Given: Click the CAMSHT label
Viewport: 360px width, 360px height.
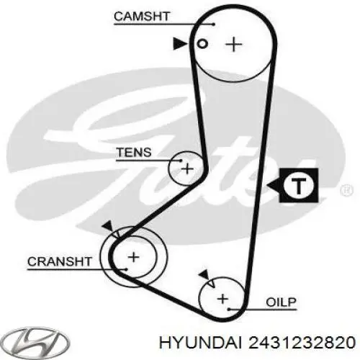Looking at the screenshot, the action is [x=142, y=17].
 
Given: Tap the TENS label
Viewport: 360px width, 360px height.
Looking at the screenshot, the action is [x=134, y=152].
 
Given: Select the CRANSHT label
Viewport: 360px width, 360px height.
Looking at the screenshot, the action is [x=60, y=261].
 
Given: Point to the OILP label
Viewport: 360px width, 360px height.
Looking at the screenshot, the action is [x=281, y=302].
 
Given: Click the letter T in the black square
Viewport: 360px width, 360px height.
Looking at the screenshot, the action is [x=299, y=186].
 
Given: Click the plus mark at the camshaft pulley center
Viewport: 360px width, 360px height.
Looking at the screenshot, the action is [x=234, y=44].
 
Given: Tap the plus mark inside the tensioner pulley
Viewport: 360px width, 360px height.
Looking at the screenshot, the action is [x=187, y=169].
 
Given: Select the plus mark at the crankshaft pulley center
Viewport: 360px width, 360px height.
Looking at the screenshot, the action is [x=134, y=257].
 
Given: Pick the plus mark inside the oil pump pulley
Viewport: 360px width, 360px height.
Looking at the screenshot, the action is [x=222, y=299].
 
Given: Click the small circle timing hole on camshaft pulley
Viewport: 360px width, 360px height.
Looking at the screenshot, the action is [x=202, y=44].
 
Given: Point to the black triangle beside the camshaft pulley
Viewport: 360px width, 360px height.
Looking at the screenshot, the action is [x=180, y=44].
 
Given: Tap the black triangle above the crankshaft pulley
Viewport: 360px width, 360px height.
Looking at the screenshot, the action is [x=107, y=225].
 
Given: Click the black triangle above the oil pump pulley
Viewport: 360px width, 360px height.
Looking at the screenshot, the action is [x=204, y=274].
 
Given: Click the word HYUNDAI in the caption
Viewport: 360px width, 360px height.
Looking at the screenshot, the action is [x=200, y=342].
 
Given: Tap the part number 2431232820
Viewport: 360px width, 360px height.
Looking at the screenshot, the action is [x=302, y=342].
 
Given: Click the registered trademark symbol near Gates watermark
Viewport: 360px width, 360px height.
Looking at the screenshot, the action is [x=347, y=191].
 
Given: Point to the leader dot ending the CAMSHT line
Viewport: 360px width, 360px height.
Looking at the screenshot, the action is [x=213, y=24].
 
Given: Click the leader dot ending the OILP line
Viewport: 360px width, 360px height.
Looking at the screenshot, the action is [x=229, y=310].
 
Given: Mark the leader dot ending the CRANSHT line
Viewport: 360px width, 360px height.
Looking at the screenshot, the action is [x=126, y=269].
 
